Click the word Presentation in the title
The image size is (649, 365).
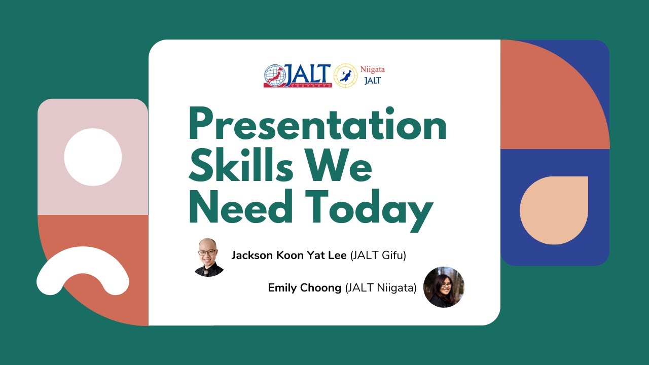[x=317, y=127]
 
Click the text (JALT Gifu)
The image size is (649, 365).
[x=378, y=255]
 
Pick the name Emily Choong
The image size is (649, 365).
[x=305, y=288]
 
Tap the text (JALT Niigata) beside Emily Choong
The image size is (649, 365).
[x=381, y=288]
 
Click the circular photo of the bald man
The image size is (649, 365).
[x=209, y=257]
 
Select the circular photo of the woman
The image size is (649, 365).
[x=444, y=287]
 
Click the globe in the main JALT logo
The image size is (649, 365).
[x=274, y=76]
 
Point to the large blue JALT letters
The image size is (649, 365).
[x=308, y=75]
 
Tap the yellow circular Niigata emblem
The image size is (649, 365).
[x=346, y=76]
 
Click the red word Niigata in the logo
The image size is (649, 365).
[x=372, y=69]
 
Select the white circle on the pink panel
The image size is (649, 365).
[x=93, y=157]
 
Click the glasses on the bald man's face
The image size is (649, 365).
[x=208, y=252]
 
